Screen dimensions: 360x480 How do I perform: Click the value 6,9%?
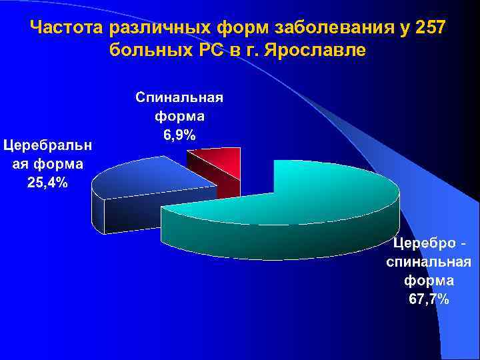point(179,136)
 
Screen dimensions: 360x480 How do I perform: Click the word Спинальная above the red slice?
point(179,97)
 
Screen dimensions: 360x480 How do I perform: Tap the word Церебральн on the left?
point(48,144)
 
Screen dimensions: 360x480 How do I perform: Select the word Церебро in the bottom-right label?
point(424,242)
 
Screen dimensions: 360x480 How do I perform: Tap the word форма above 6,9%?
point(179,117)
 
